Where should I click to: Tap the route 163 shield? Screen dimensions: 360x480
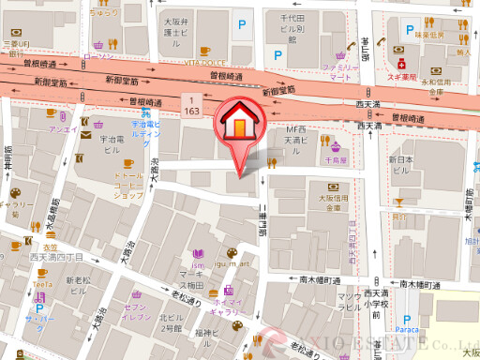tap(193, 104)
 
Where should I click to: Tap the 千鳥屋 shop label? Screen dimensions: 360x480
tap(335, 160)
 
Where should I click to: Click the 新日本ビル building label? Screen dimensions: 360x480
tap(401, 165)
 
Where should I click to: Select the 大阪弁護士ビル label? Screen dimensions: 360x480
tap(176, 31)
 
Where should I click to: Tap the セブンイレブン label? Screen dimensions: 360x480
tap(137, 308)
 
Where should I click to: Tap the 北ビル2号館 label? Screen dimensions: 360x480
tap(171, 322)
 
